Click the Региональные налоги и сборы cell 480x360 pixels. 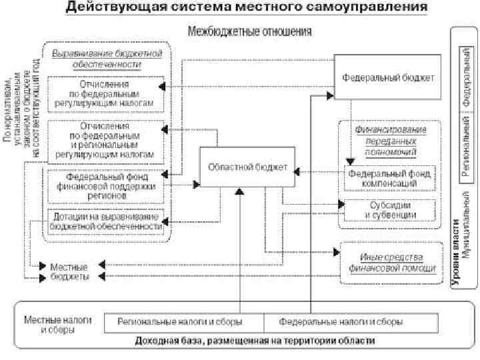point(180,321)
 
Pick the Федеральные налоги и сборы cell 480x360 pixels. point(341,321)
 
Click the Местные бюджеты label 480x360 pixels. point(69,271)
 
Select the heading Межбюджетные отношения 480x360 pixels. point(251,31)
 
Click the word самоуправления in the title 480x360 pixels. point(366,9)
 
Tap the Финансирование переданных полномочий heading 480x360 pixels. point(390,140)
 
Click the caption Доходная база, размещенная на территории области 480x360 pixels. point(255,341)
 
